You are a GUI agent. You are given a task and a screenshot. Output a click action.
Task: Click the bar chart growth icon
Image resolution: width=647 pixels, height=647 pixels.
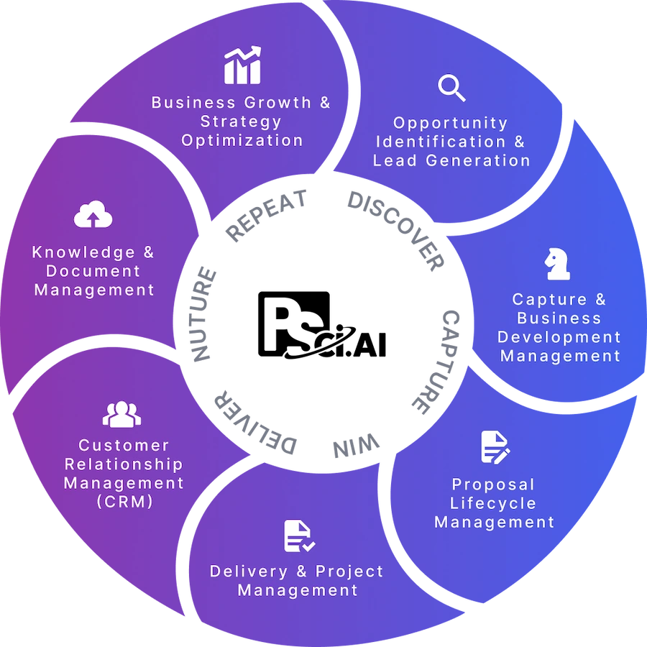(242, 65)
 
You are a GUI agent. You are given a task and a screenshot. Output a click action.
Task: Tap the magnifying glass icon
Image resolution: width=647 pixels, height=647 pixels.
(451, 88)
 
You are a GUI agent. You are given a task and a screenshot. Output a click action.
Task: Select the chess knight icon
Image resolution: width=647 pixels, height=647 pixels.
(557, 264)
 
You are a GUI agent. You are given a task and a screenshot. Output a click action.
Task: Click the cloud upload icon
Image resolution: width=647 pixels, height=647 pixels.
(93, 215)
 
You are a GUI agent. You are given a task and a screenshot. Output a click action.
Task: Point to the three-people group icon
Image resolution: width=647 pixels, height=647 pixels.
(121, 414)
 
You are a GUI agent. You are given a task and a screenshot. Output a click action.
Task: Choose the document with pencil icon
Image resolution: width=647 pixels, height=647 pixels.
(495, 447)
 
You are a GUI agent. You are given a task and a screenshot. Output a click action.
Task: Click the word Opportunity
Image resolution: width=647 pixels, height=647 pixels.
(451, 123)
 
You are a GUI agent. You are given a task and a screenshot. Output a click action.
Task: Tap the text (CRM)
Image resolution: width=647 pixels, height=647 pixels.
(124, 502)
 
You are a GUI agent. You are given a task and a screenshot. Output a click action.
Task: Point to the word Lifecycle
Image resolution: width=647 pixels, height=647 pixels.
(493, 503)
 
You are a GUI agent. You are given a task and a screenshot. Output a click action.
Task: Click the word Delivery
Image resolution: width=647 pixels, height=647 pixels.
(248, 572)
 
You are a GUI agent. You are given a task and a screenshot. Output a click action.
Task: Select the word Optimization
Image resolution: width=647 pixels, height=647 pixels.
(242, 140)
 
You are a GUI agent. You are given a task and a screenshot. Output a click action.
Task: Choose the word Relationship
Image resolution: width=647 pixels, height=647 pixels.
(124, 464)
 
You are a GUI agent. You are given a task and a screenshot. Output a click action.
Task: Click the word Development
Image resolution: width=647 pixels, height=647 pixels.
(559, 336)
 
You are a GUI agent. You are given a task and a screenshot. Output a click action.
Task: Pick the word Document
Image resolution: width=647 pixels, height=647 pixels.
(93, 271)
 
